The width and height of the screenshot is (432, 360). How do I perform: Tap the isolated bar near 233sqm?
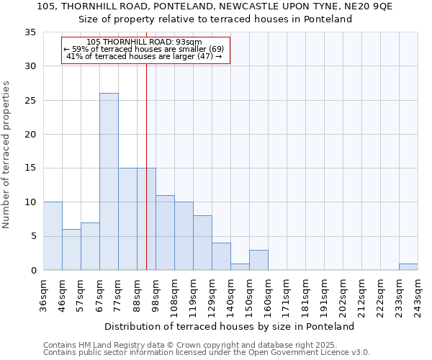(x=408, y=267)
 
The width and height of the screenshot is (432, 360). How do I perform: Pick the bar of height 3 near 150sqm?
(x=258, y=260)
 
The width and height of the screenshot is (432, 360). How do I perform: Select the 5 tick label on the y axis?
(x=33, y=236)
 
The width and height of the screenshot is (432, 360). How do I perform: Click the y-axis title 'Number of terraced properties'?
(x=6, y=155)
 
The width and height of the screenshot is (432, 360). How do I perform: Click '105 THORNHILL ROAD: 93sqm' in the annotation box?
(x=144, y=42)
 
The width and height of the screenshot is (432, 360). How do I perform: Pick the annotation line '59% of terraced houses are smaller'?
(x=144, y=49)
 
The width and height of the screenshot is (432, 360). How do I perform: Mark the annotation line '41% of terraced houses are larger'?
(x=144, y=56)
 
